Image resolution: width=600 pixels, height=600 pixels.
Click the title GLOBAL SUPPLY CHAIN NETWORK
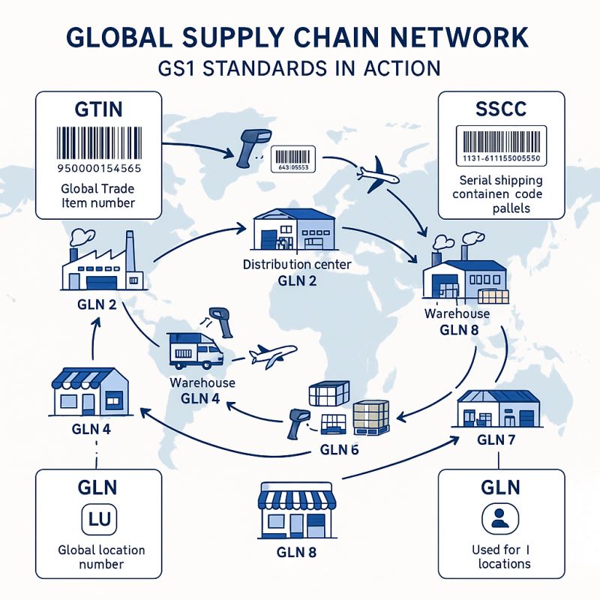pyautogui.click(x=300, y=37)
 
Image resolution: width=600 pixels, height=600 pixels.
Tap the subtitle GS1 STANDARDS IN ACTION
pyautogui.click(x=300, y=69)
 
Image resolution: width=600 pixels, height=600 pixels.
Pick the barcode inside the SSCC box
pyautogui.click(x=500, y=142)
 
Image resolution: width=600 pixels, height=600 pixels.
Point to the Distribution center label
pyautogui.click(x=298, y=265)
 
